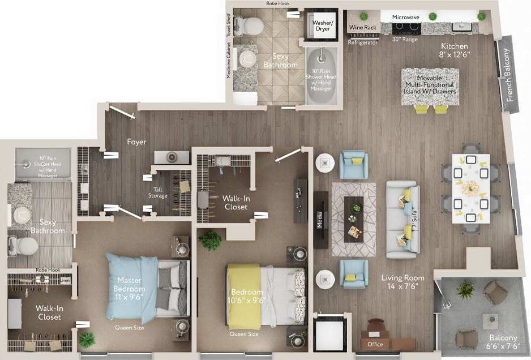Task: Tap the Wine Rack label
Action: [363, 27]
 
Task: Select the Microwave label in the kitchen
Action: [406, 18]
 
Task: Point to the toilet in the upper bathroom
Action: [250, 24]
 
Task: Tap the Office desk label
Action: [375, 344]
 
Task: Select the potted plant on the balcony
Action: [465, 290]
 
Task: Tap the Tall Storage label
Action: [158, 192]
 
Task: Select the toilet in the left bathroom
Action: [23, 245]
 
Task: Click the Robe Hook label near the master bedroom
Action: [48, 271]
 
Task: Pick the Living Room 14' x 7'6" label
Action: [402, 281]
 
